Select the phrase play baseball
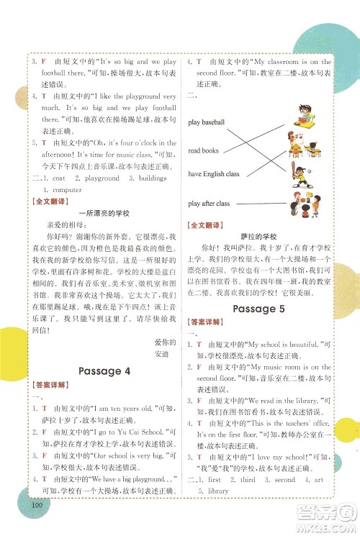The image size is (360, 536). (x=207, y=123)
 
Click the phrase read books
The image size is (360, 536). (x=203, y=150)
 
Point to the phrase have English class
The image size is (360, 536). (x=214, y=174)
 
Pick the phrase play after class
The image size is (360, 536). (x=209, y=204)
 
